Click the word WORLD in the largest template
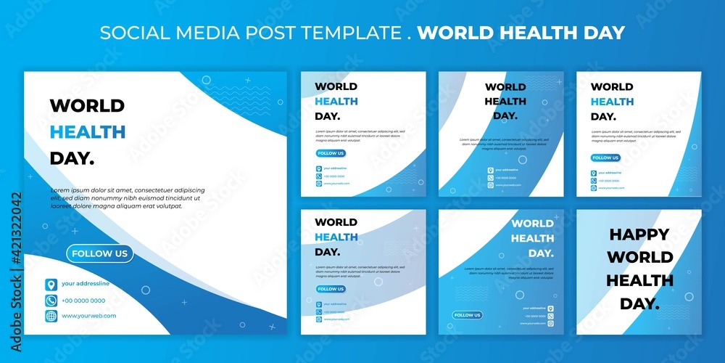point(87,106)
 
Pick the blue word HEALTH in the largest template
point(87,132)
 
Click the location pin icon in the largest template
point(51,284)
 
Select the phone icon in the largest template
point(51,300)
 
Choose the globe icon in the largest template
point(51,316)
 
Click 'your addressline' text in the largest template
point(86,284)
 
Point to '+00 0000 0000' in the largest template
point(83,300)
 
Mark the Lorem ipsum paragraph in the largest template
point(127,198)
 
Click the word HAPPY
point(639,234)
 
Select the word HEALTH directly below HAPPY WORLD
point(639,280)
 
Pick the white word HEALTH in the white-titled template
point(532,238)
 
